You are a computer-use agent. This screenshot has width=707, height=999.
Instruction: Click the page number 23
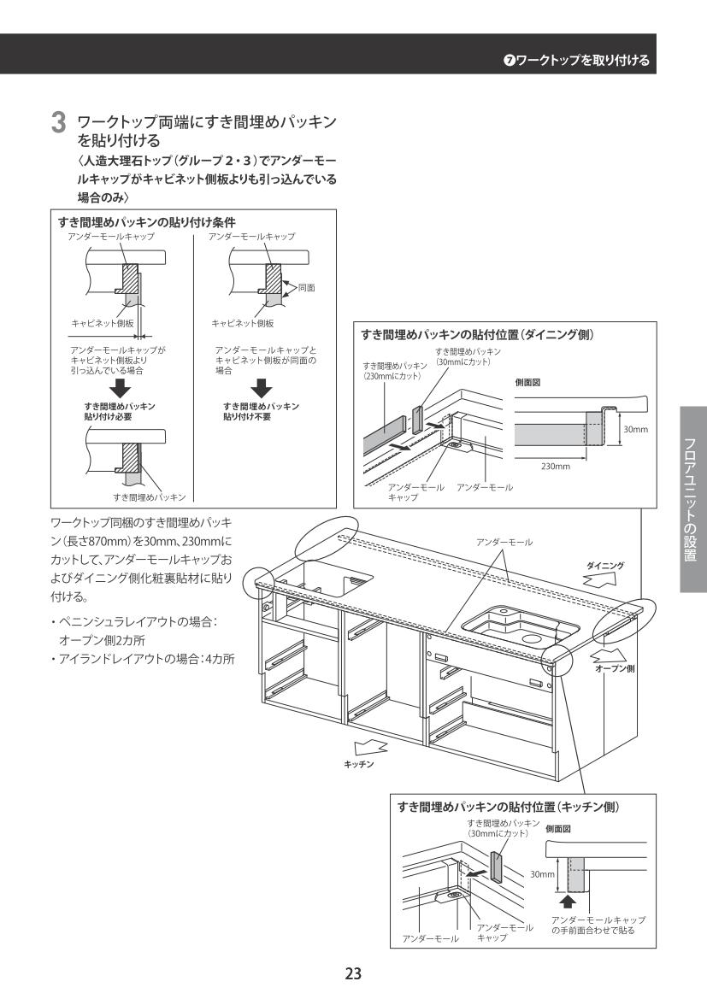[353, 973]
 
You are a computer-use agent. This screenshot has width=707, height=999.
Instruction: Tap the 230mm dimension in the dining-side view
[556, 467]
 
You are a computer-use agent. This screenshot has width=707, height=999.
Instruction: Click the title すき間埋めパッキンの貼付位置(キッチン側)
[510, 805]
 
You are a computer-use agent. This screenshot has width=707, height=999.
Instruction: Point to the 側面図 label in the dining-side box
[527, 383]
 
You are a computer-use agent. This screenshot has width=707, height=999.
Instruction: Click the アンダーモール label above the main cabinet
[504, 543]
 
